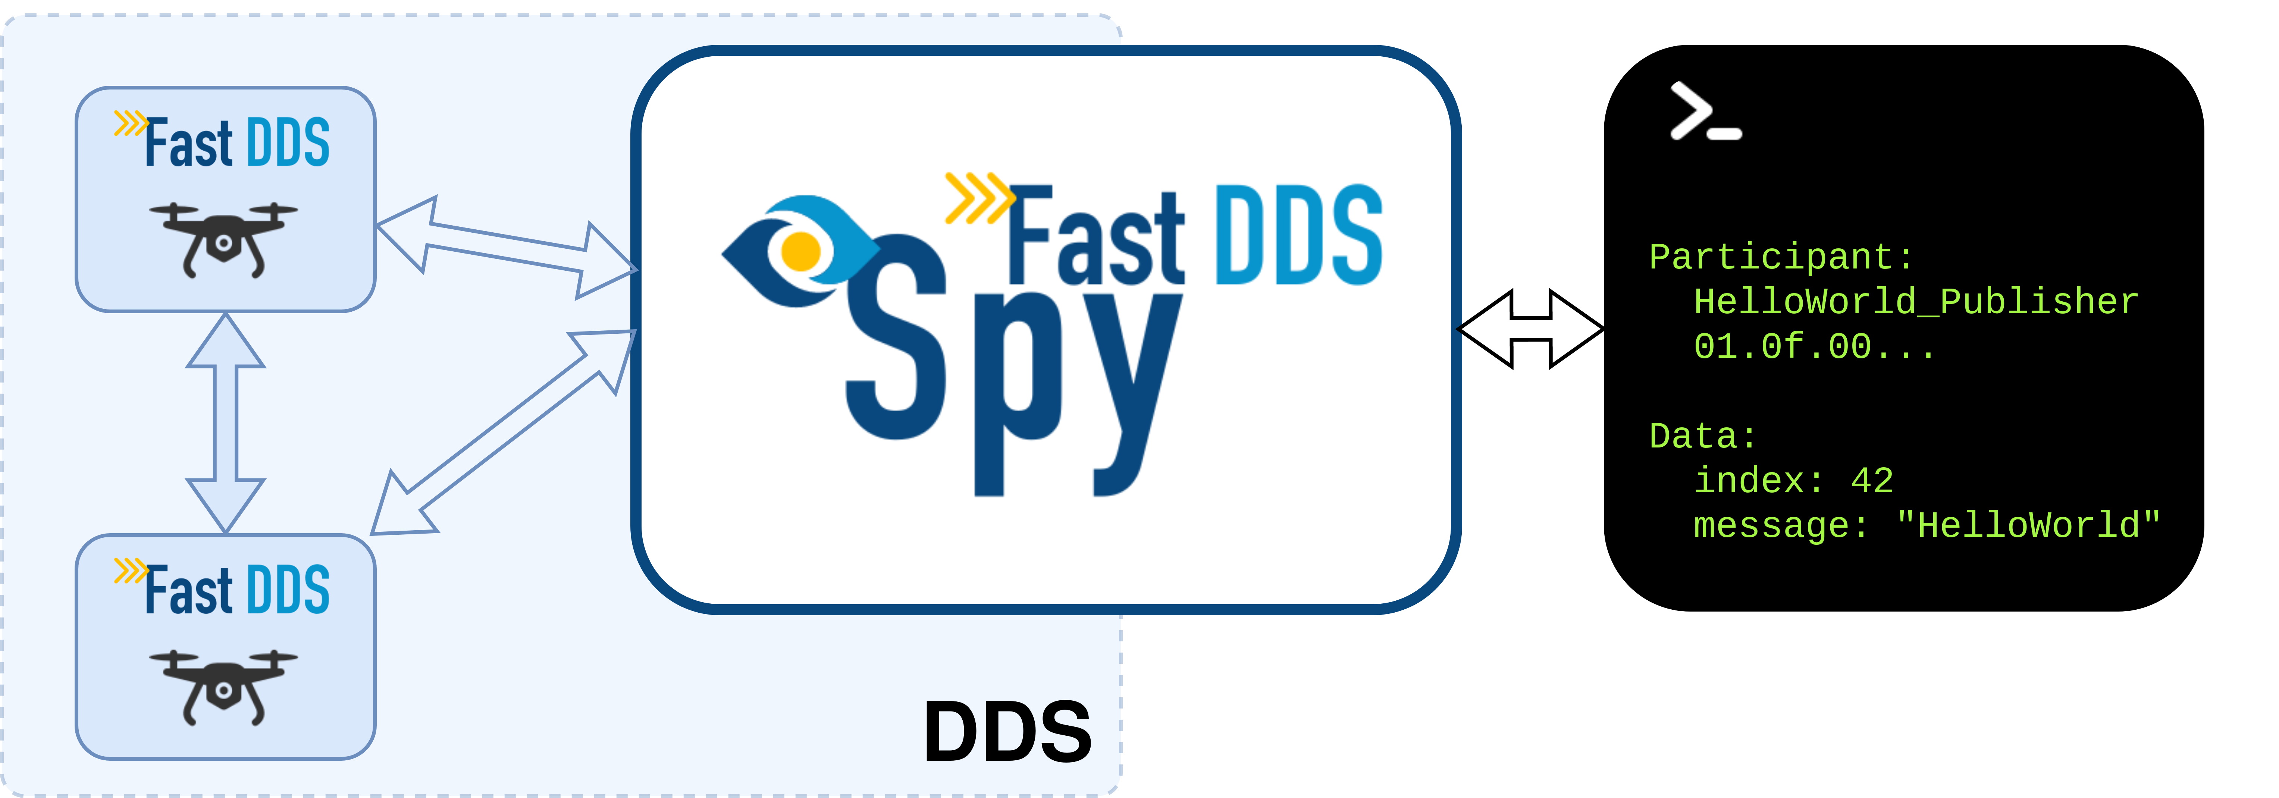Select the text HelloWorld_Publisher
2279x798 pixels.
(x=1915, y=302)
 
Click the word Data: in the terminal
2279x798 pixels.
(x=1703, y=436)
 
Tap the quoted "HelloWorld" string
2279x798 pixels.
(x=2028, y=525)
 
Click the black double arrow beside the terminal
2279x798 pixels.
(x=1530, y=328)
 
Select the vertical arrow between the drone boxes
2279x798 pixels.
(x=226, y=423)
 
